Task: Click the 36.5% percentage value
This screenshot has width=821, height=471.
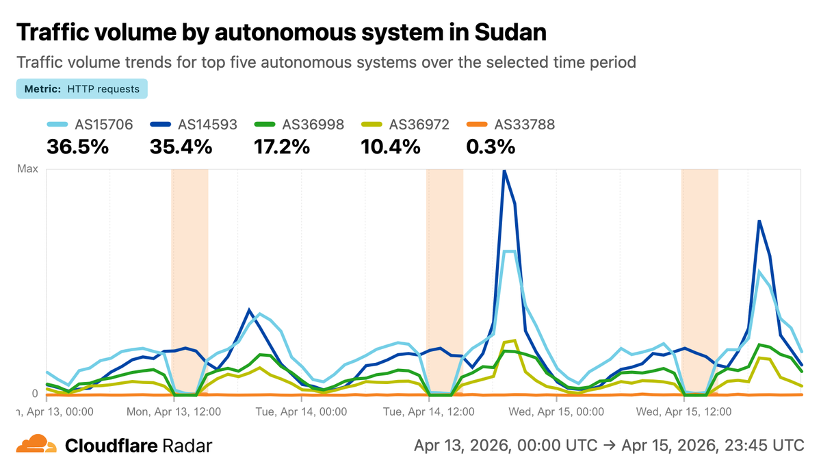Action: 77,147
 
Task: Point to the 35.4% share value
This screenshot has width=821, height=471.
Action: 181,147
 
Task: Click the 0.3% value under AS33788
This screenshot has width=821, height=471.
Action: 491,147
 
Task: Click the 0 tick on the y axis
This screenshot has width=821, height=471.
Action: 35,394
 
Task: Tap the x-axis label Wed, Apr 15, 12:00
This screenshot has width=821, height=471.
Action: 683,412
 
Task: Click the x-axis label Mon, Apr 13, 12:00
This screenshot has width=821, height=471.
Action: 174,412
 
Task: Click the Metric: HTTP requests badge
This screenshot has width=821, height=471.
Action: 82,89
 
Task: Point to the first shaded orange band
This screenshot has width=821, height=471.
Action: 190,281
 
